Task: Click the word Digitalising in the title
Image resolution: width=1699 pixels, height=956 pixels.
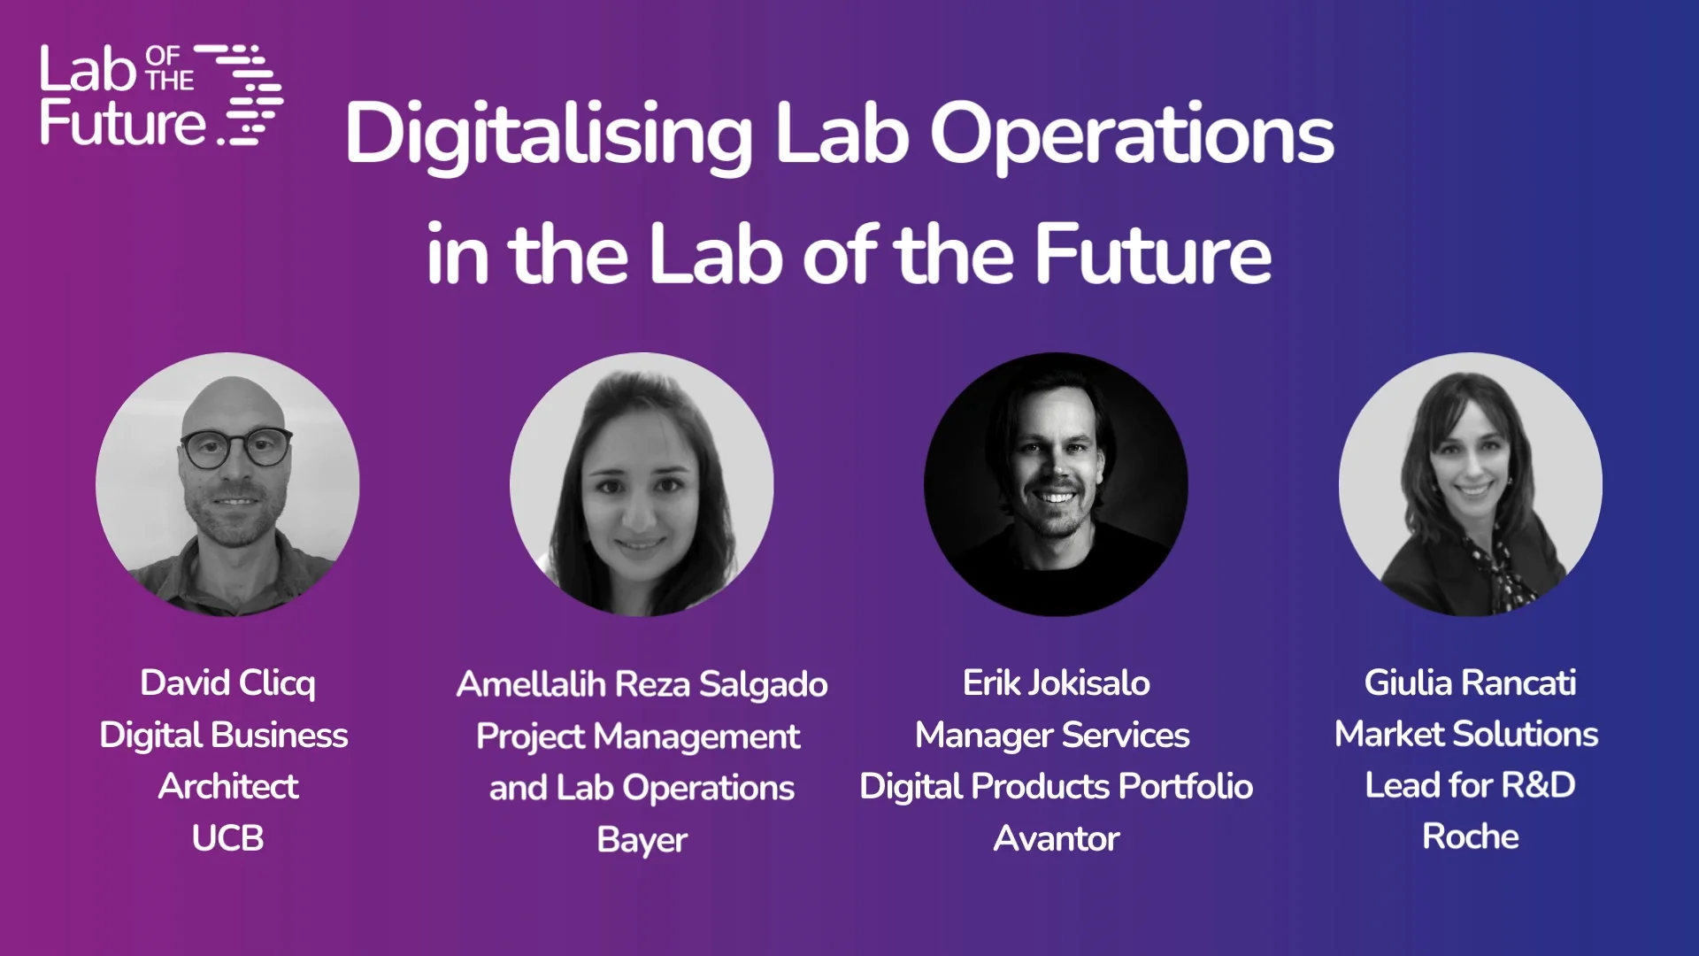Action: (549, 135)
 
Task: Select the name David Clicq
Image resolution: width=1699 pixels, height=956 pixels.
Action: (227, 683)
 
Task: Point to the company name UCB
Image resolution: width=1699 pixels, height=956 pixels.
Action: (227, 838)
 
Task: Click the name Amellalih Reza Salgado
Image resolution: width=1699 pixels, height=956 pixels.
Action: (642, 684)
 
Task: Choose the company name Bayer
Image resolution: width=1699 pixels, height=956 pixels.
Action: (642, 839)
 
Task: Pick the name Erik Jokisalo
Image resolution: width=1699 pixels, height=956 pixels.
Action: (1056, 683)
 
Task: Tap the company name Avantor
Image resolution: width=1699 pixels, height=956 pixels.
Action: (1056, 838)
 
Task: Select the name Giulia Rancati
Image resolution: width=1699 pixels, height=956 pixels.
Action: (1470, 683)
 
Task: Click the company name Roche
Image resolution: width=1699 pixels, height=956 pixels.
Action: (1470, 836)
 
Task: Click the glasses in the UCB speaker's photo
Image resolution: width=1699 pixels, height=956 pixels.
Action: (236, 447)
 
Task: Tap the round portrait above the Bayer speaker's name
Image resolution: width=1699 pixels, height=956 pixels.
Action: (642, 484)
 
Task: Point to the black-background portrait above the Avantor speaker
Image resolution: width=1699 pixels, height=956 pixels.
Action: (1056, 484)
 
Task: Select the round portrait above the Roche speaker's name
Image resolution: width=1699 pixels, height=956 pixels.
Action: (1470, 484)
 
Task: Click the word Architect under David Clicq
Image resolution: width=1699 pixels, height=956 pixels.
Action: (227, 787)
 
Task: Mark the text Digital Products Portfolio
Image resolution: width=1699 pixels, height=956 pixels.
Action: (1056, 787)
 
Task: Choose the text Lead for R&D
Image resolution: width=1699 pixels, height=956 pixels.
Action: (1470, 785)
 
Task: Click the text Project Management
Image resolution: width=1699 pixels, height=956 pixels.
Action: (638, 736)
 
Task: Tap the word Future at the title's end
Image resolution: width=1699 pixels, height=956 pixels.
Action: (1152, 255)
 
